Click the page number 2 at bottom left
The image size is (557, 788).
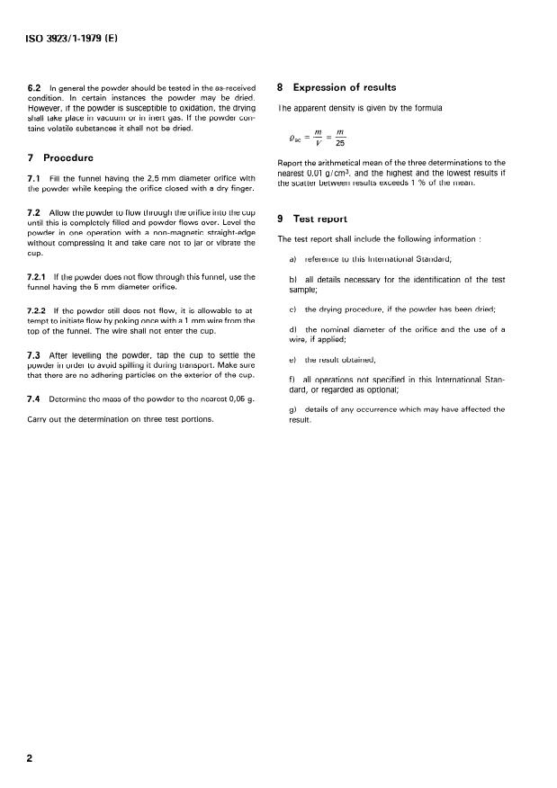(30, 758)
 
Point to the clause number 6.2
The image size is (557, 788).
(37, 88)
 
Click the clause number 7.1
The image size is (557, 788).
(37, 178)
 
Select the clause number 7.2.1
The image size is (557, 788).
(41, 276)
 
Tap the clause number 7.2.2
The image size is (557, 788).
(41, 310)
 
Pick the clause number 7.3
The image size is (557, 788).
(37, 355)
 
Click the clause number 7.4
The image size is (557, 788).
(37, 399)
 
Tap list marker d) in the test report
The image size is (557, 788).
(292, 331)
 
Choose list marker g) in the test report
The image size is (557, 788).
(292, 410)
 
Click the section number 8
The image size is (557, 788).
(281, 87)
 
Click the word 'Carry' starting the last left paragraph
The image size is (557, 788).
(40, 419)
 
